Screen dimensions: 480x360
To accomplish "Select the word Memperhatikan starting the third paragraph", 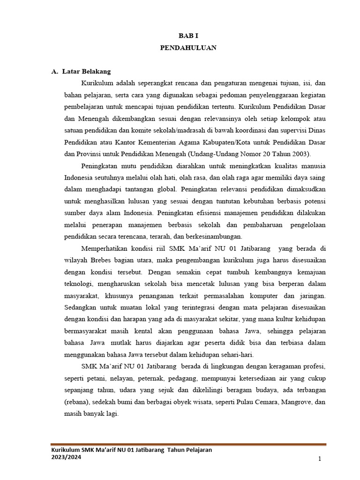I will pyautogui.click(x=104, y=248).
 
